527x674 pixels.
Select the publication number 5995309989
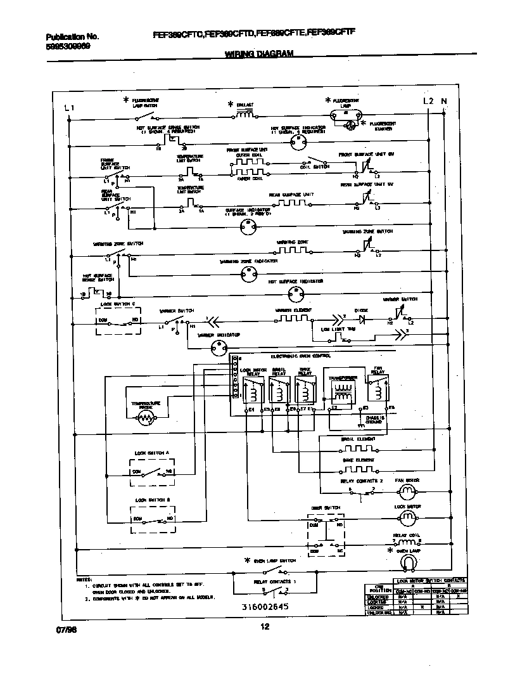[x=68, y=47]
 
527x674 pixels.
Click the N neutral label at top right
[x=443, y=101]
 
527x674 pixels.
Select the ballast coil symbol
[x=245, y=115]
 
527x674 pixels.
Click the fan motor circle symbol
[x=409, y=491]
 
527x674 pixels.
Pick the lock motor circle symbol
[x=409, y=517]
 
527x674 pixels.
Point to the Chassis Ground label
[x=374, y=418]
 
